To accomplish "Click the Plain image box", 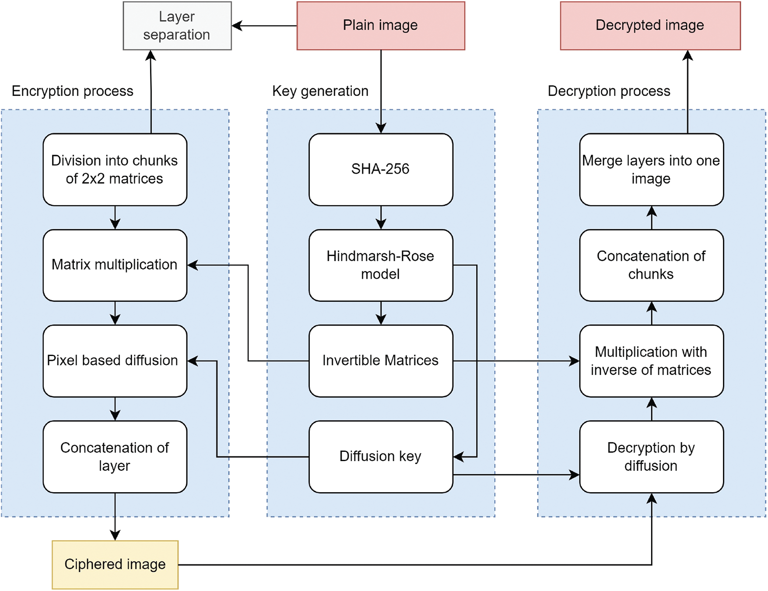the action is coord(381,26).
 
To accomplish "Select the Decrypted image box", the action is coord(650,26).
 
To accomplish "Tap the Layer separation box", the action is coord(177,26).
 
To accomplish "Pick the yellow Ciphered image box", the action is coord(115,565).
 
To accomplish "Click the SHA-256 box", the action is coord(381,169).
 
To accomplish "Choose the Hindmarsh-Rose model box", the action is coord(381,265).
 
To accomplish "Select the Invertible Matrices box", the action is coord(381,361).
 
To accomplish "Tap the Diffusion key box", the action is coord(381,457).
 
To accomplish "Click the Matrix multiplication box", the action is coord(115,265).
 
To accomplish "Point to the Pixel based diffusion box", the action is coord(115,361).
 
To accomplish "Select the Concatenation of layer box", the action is coord(115,457).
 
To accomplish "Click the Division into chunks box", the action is coord(115,169).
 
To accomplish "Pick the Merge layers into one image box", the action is coord(652,169).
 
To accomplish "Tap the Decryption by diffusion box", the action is coord(652,457).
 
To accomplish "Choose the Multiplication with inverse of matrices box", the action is coord(652,361).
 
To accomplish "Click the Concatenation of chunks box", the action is coord(652,265).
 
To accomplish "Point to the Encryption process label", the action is coord(73,91).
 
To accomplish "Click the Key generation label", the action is coord(320,91).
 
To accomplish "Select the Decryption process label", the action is coord(609,91).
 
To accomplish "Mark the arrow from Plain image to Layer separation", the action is coord(264,26).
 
